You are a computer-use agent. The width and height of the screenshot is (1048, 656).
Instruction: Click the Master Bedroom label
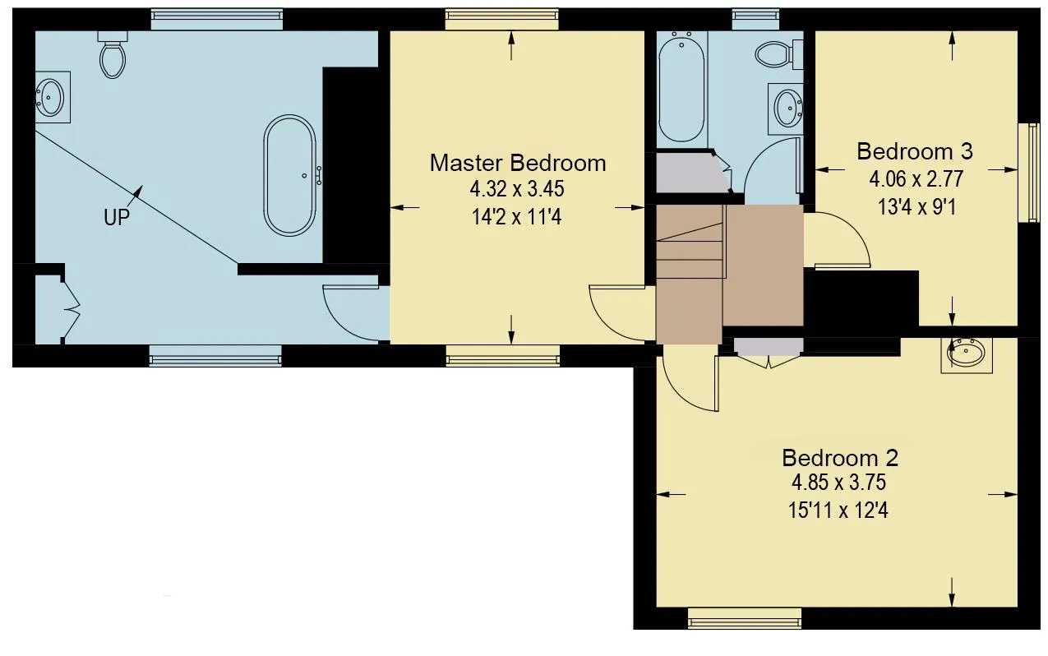518,164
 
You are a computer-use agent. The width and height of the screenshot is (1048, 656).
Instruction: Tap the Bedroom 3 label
915,151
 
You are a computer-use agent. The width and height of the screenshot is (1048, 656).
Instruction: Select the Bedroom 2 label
840,458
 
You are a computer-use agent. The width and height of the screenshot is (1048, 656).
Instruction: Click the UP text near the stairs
117,218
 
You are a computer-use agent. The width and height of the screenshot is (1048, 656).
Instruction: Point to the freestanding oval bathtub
290,175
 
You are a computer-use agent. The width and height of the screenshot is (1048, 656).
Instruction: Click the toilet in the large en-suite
113,54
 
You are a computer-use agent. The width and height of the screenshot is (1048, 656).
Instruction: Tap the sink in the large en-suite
53,97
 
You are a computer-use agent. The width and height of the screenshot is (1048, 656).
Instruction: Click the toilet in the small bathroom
779,53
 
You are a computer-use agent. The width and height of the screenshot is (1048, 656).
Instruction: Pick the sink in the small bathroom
787,109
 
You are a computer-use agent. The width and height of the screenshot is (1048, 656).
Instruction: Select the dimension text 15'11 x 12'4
838,510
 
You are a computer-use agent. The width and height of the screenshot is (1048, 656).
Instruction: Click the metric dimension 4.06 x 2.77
916,179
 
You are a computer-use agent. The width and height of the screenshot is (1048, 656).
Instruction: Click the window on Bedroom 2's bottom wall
745,617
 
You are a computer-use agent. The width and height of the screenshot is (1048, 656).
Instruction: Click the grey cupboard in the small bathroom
692,172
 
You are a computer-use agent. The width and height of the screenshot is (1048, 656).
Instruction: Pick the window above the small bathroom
755,20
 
